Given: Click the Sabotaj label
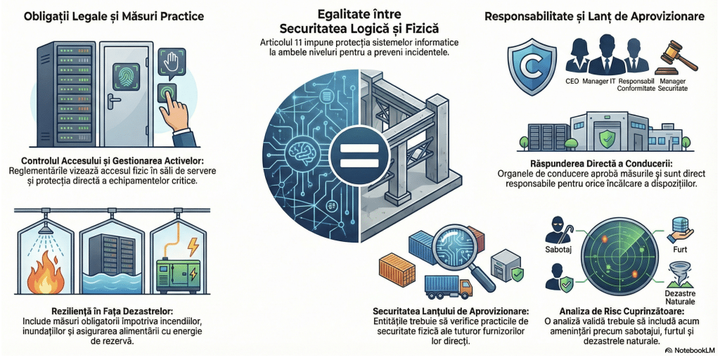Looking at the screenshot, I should [x=560, y=249].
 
